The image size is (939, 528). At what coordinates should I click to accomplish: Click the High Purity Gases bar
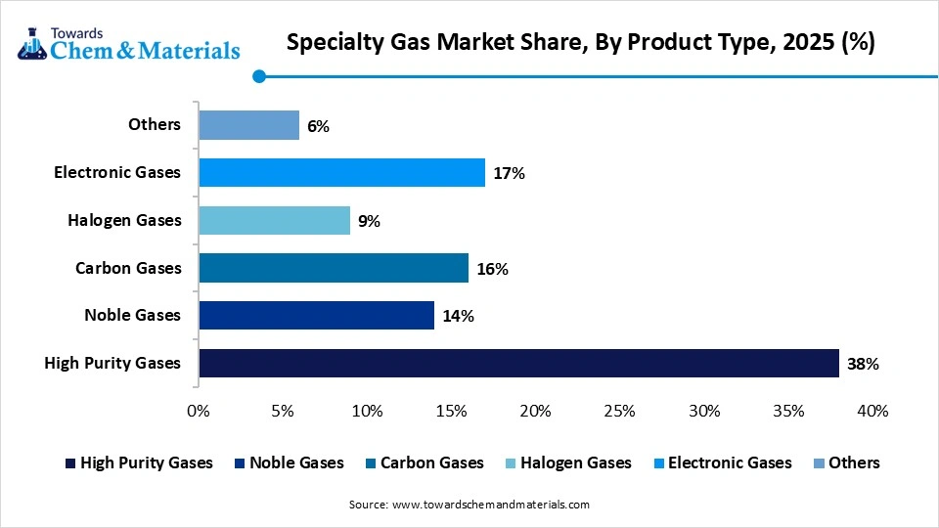coord(518,363)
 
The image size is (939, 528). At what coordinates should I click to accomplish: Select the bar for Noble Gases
coord(316,315)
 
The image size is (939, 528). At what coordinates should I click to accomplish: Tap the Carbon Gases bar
coord(333,268)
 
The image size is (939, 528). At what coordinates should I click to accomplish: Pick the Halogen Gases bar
coord(274,220)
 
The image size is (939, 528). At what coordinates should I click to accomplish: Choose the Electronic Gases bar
coord(341,173)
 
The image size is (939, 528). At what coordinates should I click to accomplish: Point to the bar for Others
coord(248,125)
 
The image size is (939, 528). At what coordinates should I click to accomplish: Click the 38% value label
coord(864,364)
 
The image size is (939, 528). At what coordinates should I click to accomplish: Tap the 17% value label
coord(510,173)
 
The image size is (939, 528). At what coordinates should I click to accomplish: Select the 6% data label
coord(318,126)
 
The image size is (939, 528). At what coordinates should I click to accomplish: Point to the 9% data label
coord(369,221)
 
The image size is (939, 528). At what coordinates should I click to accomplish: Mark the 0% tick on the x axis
coord(199,412)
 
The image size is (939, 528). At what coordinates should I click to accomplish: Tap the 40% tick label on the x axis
coord(872,412)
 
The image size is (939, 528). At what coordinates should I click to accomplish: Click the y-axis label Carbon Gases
coord(128,268)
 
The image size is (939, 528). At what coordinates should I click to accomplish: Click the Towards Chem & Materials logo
coord(128,42)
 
